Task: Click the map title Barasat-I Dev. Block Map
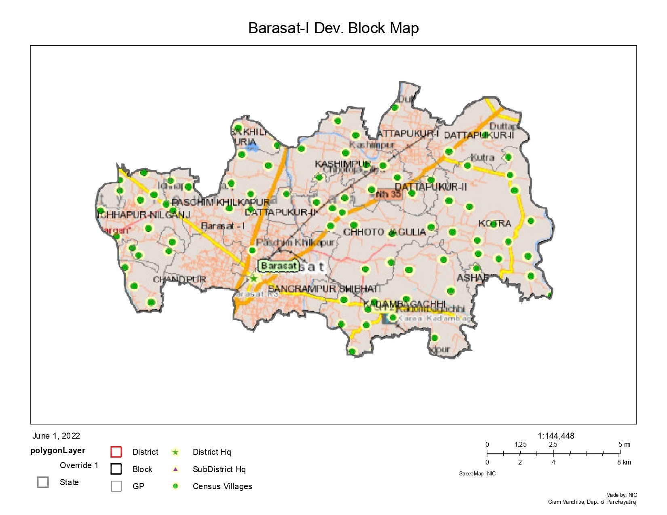coord(333,28)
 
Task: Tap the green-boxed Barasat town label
coord(279,266)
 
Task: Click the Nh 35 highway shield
coord(388,194)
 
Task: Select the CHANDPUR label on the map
coord(179,280)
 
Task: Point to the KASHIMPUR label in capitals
coord(342,164)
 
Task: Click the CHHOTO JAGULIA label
coord(384,232)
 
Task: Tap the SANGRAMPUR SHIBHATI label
coord(324,289)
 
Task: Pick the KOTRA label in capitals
coord(494,223)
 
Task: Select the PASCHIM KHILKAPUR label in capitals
coord(221,202)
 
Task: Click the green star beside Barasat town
coord(253,278)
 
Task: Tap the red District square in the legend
coord(116,452)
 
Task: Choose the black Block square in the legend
coord(116,469)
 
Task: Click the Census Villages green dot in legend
coord(175,486)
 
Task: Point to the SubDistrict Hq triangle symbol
coord(175,469)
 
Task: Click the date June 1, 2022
coord(56,436)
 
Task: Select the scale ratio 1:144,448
coord(556,436)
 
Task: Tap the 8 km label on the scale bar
coord(624,462)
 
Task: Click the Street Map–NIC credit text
coord(477,474)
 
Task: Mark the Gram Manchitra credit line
coord(592,502)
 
